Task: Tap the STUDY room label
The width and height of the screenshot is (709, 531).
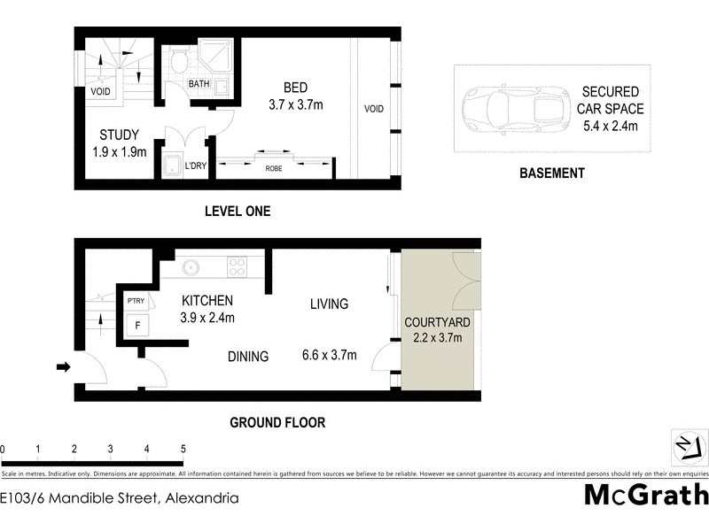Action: pos(119,135)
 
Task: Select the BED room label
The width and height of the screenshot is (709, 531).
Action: pos(295,88)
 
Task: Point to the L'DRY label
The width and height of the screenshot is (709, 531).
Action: pos(195,165)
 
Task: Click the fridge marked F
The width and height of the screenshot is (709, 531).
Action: pos(137,325)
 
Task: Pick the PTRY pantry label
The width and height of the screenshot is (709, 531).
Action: pos(136,301)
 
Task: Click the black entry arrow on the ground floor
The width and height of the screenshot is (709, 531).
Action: pos(64,366)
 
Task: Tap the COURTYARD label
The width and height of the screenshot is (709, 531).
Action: pos(437,322)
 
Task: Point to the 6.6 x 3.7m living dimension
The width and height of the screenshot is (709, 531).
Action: pos(329,356)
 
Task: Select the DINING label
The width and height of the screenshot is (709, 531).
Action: pos(247,357)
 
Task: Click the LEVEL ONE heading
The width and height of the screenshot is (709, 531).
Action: pos(237,212)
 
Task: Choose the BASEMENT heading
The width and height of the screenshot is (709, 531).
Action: pos(551,173)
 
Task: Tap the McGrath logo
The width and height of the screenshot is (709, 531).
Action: pos(642,495)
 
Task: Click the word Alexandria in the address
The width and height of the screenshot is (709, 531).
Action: pos(201,498)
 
